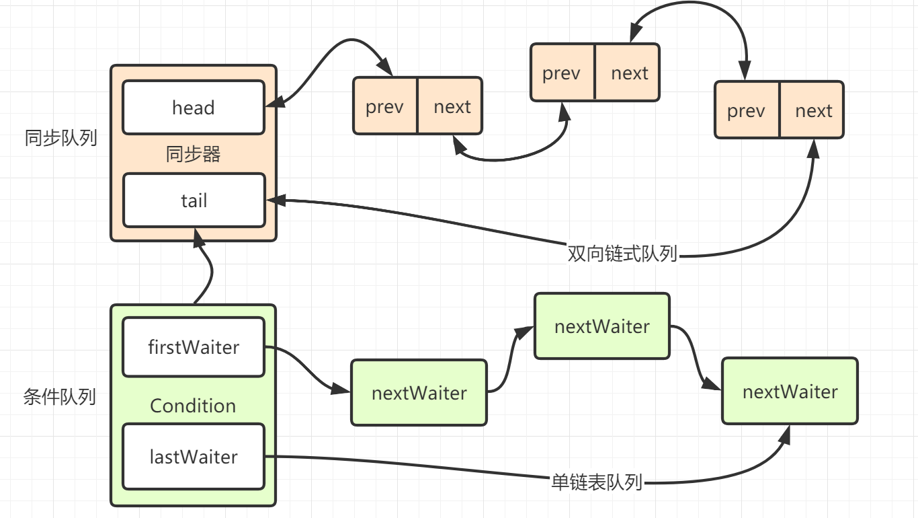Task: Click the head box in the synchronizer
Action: (x=194, y=108)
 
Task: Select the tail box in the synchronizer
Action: (x=194, y=200)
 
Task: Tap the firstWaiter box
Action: (x=194, y=347)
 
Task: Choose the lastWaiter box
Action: (x=194, y=457)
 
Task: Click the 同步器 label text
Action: (x=194, y=155)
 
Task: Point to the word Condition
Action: (x=193, y=406)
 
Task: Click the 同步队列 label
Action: (x=60, y=139)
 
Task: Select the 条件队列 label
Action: (x=60, y=397)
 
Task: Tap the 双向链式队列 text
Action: (x=622, y=254)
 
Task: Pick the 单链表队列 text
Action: (x=597, y=482)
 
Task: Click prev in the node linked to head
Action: (x=385, y=106)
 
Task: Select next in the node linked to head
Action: (x=452, y=106)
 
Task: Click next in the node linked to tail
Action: (x=814, y=110)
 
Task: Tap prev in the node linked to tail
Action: (x=746, y=110)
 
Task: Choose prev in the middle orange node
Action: (x=561, y=73)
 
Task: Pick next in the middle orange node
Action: (x=629, y=73)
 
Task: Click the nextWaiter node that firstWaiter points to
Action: (x=419, y=393)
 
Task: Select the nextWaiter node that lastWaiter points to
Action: (x=790, y=392)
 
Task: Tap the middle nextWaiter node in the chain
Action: (x=602, y=326)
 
